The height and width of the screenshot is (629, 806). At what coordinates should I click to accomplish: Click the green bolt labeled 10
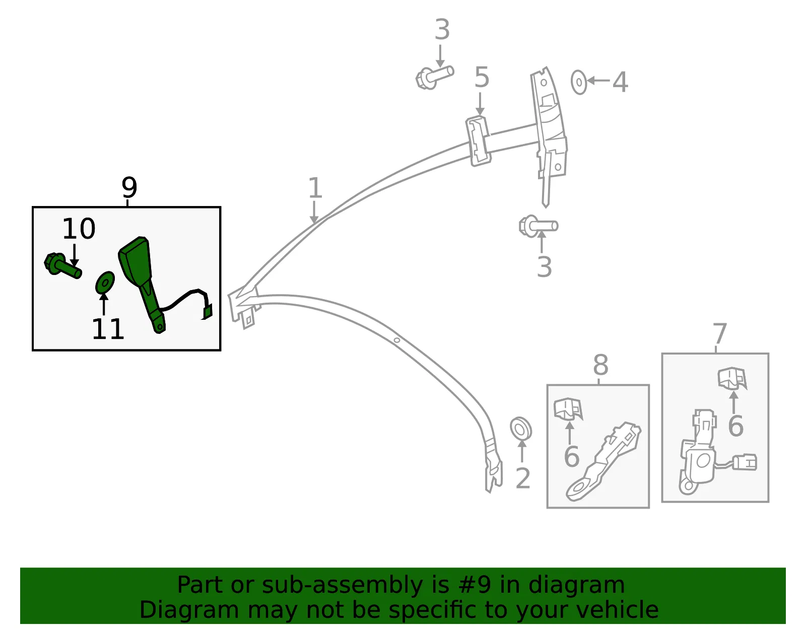(x=62, y=265)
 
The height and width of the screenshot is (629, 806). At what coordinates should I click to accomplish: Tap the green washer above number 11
(x=105, y=283)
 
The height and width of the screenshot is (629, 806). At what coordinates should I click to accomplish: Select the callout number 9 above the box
(x=129, y=187)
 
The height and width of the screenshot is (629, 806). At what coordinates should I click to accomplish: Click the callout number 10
(x=79, y=228)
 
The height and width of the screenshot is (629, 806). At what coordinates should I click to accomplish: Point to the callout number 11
(x=108, y=329)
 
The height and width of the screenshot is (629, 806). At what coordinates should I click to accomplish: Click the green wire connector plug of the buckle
(x=207, y=312)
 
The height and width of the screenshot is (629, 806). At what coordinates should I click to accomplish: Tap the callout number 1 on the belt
(x=315, y=187)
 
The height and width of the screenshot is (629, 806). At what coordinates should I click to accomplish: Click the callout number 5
(x=482, y=78)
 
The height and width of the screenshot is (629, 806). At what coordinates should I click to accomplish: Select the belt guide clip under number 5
(x=478, y=141)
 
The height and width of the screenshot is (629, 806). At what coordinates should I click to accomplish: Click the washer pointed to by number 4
(x=579, y=82)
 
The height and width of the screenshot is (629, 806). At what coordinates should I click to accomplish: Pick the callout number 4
(x=620, y=82)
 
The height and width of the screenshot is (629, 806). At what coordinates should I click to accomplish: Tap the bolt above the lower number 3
(x=538, y=226)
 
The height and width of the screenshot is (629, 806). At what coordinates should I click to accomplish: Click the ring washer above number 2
(x=521, y=429)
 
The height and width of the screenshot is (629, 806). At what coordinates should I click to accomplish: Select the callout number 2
(x=523, y=478)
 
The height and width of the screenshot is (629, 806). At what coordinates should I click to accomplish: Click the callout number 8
(x=600, y=365)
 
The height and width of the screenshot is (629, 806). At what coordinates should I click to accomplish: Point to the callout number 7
(x=719, y=333)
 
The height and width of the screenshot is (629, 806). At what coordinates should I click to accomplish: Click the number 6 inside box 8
(x=572, y=457)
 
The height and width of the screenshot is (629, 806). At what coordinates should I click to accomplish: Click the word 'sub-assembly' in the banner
(x=342, y=585)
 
